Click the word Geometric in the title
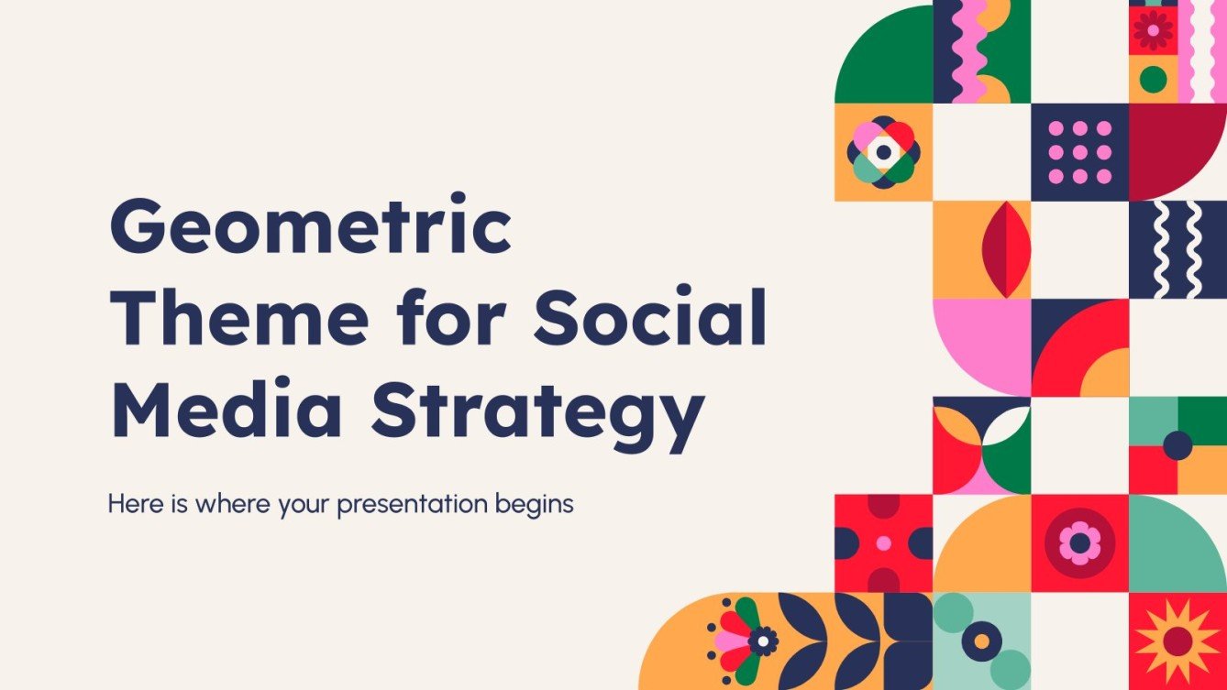coord(310,231)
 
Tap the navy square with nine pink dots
coord(1079,152)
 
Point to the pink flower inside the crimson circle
coord(1079,542)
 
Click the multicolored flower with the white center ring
coord(883,152)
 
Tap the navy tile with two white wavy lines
coord(1177,249)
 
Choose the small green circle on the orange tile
coord(1153,79)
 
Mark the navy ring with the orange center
coord(981,641)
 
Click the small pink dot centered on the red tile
coord(883,542)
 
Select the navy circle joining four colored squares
coord(1177,445)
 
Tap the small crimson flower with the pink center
coord(1153,29)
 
